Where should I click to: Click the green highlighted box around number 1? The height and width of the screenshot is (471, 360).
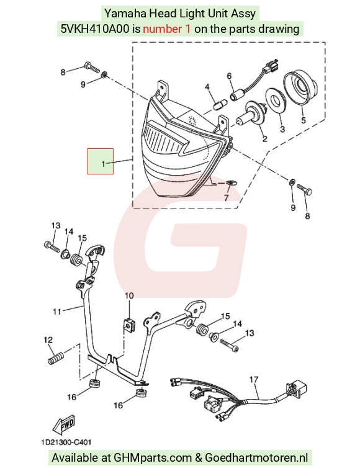click(101, 161)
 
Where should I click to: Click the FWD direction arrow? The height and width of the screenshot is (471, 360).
click(63, 424)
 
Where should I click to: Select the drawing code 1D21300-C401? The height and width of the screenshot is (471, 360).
click(66, 442)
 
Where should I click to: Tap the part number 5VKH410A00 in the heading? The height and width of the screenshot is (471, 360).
click(96, 29)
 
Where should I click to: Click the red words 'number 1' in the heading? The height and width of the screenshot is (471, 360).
click(166, 29)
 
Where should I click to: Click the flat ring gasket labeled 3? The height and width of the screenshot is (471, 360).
click(274, 100)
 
